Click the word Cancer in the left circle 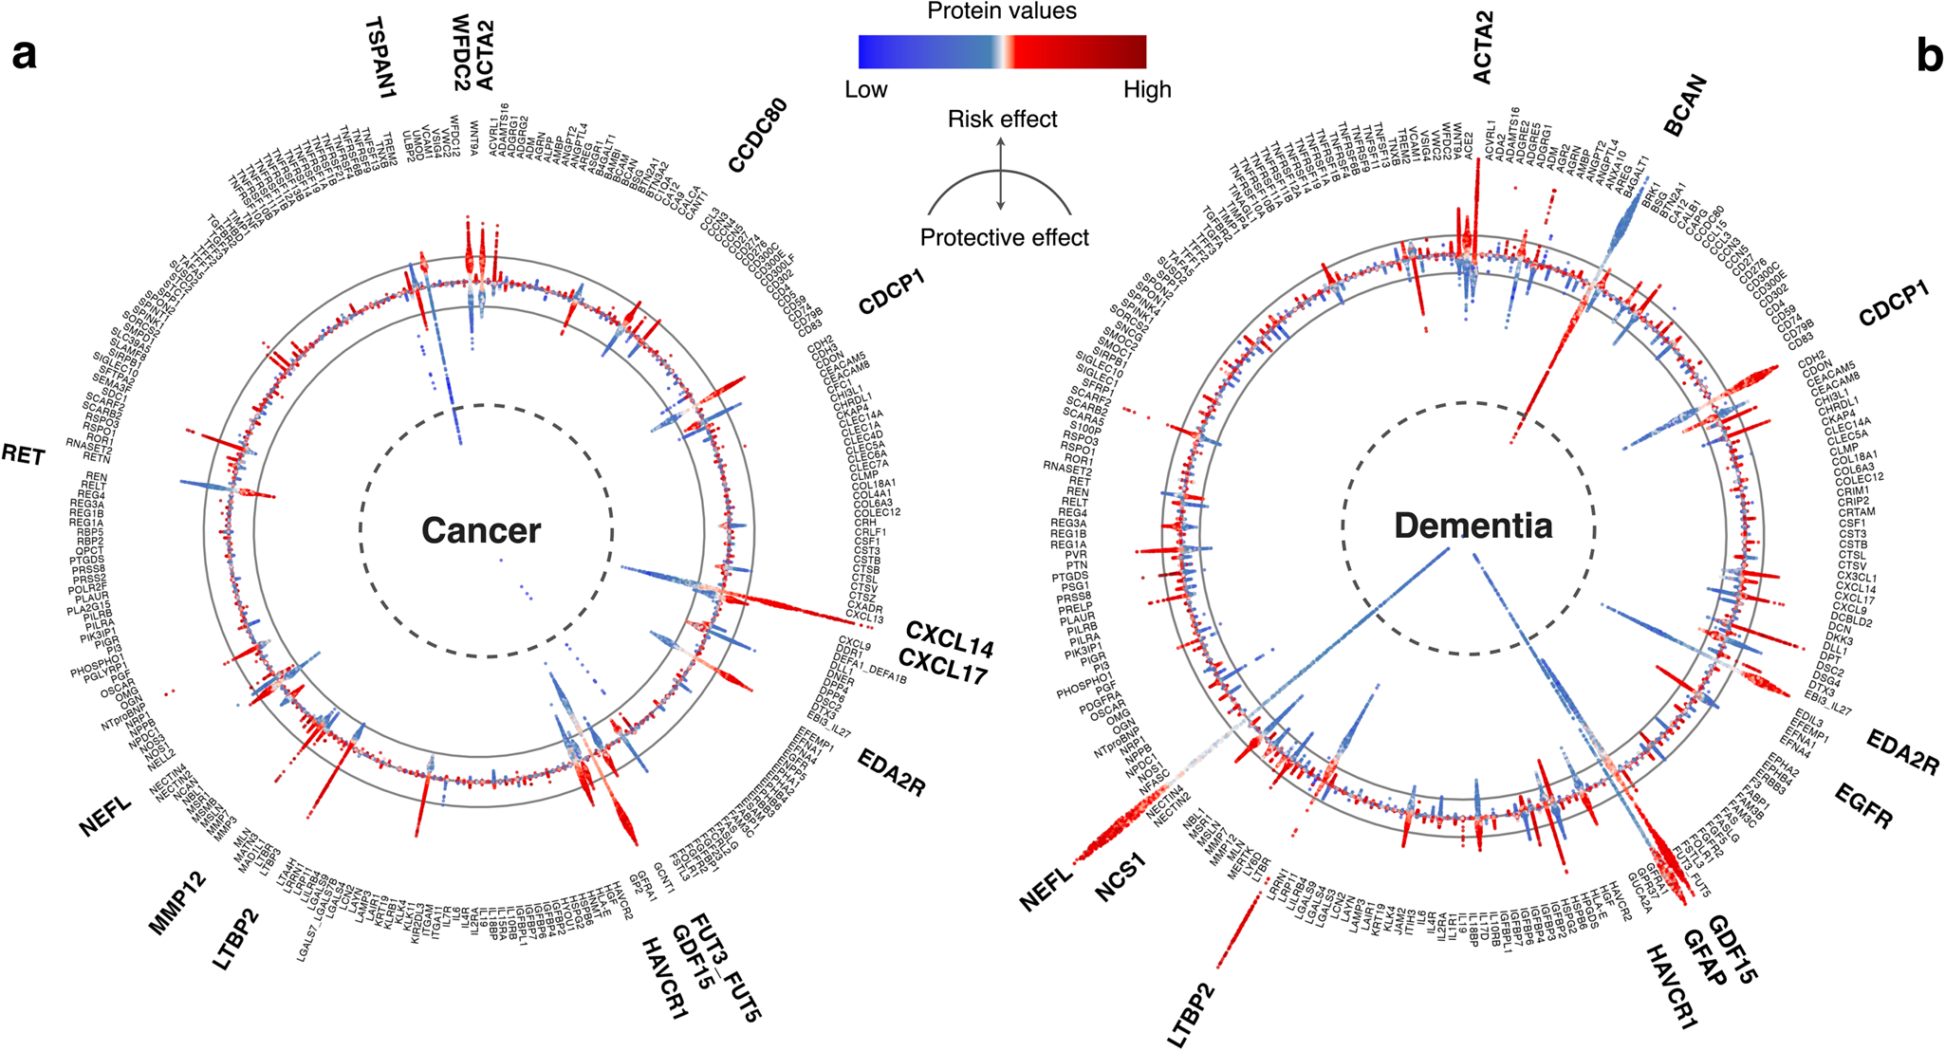click(481, 530)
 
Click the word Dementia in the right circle click(1473, 525)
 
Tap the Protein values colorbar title click(1002, 11)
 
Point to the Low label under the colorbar click(865, 90)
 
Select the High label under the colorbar click(1147, 90)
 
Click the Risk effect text click(1002, 120)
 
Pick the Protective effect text click(1004, 237)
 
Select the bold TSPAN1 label click(380, 57)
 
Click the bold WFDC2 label click(461, 52)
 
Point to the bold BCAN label click(1685, 106)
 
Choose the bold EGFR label click(1863, 806)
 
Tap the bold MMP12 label click(177, 912)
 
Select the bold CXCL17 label click(942, 667)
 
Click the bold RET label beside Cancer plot click(23, 455)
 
